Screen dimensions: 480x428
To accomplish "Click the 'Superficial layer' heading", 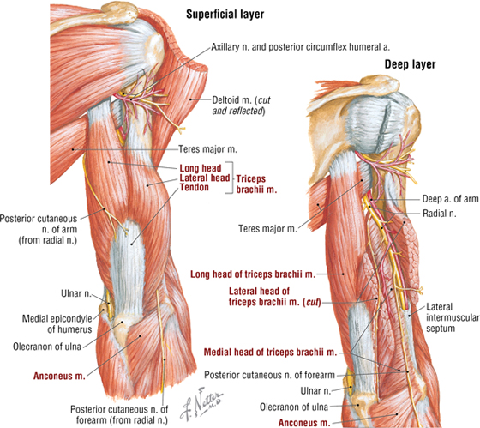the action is click(x=225, y=15).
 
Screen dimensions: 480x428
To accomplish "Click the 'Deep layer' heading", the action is click(x=410, y=64).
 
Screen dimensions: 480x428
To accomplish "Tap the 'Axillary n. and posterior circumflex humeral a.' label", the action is click(x=301, y=47).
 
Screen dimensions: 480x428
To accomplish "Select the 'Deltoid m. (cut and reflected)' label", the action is click(x=242, y=105).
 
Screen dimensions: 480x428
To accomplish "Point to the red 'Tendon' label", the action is click(x=194, y=187).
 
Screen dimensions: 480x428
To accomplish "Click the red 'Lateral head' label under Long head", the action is click(x=205, y=178).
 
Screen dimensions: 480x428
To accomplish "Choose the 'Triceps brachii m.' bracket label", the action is click(x=256, y=184).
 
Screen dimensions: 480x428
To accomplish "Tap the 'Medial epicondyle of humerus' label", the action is click(x=57, y=324).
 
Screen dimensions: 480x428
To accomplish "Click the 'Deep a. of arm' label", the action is click(x=450, y=199).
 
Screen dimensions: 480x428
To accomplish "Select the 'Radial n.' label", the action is click(x=439, y=214).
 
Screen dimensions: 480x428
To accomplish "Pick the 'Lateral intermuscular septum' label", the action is click(x=453, y=317).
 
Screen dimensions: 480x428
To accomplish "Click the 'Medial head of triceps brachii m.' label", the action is click(x=270, y=353).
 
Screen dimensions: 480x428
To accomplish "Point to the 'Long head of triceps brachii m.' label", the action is click(x=253, y=274).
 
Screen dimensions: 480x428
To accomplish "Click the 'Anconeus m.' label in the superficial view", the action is click(x=59, y=376).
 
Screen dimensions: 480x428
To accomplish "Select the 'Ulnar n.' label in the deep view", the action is click(x=315, y=391).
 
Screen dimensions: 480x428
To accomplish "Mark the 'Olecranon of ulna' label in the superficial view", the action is click(x=47, y=347).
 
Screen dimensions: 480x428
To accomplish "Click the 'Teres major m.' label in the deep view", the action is click(x=267, y=229).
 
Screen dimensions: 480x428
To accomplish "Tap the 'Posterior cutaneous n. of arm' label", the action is click(x=39, y=229).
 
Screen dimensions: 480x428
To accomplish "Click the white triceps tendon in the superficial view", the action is click(x=128, y=269).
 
